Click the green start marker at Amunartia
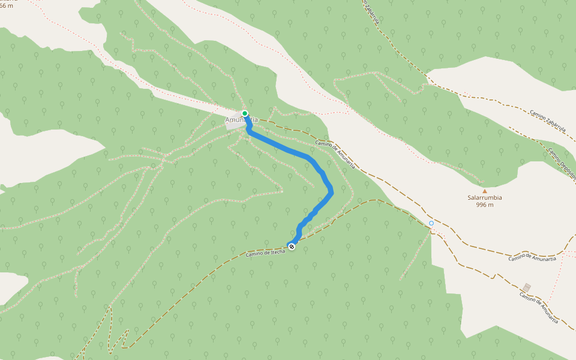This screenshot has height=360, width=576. (x=245, y=113)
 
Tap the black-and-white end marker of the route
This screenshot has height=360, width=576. (x=292, y=247)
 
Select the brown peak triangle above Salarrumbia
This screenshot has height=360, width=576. (x=485, y=191)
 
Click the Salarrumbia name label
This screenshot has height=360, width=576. (x=485, y=197)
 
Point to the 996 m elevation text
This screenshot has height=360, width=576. (x=485, y=205)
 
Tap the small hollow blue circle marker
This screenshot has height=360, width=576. (x=431, y=223)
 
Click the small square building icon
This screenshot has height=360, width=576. (x=527, y=287)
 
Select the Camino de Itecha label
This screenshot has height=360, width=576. (x=265, y=254)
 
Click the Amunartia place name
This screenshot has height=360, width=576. (x=241, y=120)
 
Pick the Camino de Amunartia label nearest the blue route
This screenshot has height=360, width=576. (x=334, y=154)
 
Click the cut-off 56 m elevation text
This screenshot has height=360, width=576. (x=6, y=5)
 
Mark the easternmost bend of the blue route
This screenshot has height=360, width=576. (x=331, y=191)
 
